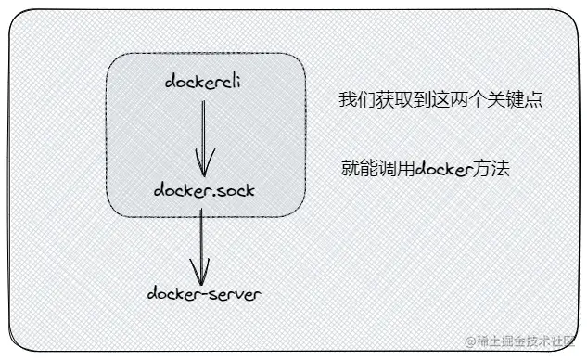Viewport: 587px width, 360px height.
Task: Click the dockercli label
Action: tap(205, 82)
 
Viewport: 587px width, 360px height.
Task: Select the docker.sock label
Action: tap(205, 191)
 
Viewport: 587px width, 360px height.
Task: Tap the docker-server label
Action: tap(204, 294)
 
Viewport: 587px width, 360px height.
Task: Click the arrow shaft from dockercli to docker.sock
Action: tap(205, 130)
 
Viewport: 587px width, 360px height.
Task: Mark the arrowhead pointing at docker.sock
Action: tap(206, 167)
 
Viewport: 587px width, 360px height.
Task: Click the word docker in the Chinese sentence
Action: tap(444, 170)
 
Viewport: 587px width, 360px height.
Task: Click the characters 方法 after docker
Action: tap(492, 170)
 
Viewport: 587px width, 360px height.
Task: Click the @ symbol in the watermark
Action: tap(470, 341)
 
